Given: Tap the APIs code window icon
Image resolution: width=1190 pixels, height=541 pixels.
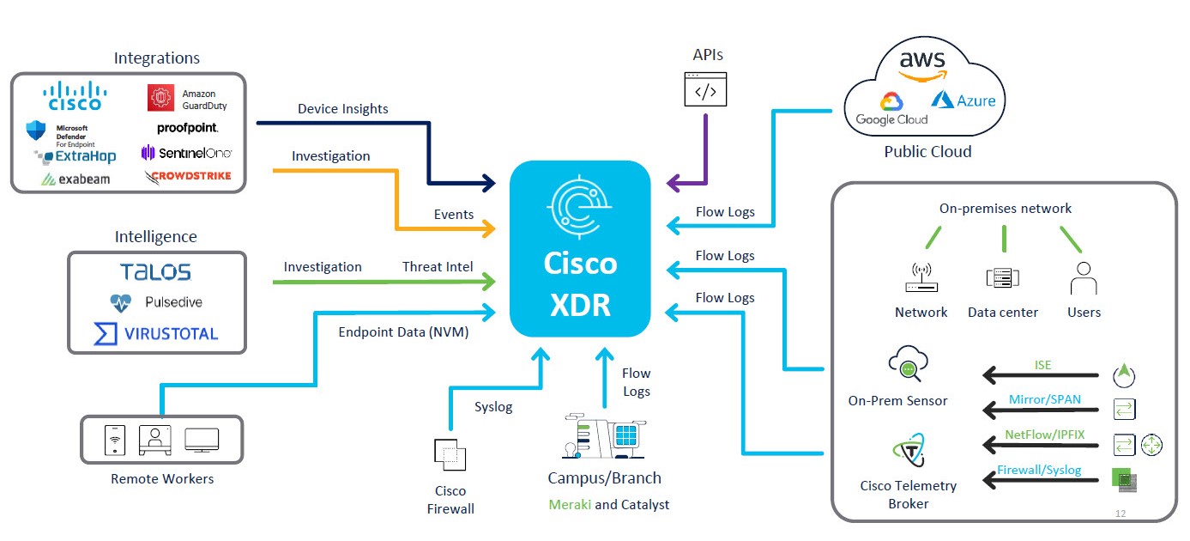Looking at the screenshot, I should (x=704, y=89).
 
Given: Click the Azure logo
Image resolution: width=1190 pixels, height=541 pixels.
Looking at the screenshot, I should (x=963, y=100).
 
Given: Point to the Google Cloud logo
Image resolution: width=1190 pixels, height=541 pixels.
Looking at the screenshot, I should (x=891, y=109).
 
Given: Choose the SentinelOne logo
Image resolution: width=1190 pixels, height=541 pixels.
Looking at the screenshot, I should (x=186, y=153).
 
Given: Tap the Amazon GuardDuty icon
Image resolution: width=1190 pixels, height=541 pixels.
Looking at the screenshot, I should (x=161, y=98).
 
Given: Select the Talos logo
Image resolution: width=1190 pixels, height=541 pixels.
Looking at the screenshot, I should (x=156, y=272).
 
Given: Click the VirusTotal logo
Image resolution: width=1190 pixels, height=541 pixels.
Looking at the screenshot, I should (x=156, y=333).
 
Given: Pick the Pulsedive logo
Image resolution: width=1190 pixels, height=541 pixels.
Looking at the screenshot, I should (x=156, y=303).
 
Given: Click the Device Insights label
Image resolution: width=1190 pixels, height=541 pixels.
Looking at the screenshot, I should (x=342, y=109).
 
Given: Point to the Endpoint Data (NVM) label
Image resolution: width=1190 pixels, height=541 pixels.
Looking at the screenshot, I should (x=403, y=332).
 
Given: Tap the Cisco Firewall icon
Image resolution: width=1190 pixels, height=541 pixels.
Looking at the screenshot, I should (x=450, y=453).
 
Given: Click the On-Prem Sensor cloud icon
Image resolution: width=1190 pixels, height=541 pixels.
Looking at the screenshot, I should (x=906, y=364).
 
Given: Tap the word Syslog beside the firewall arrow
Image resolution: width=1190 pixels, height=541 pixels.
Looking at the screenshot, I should (x=493, y=407).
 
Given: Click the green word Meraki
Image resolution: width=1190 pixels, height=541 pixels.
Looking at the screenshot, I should (x=570, y=504).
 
